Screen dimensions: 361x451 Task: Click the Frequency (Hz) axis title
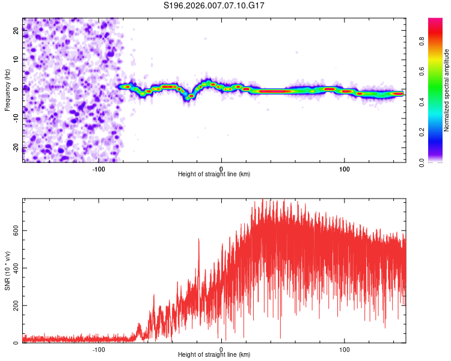pyautogui.click(x=7, y=90)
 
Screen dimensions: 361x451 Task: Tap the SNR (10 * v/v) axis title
pyautogui.click(x=7, y=270)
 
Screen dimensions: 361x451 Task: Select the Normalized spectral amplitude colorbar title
pyautogui.click(x=447, y=90)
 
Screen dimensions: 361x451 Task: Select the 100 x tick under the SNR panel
pyautogui.click(x=345, y=349)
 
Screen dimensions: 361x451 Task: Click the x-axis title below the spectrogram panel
pyautogui.click(x=214, y=174)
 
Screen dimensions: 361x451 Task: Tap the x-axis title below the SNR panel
pyautogui.click(x=214, y=356)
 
